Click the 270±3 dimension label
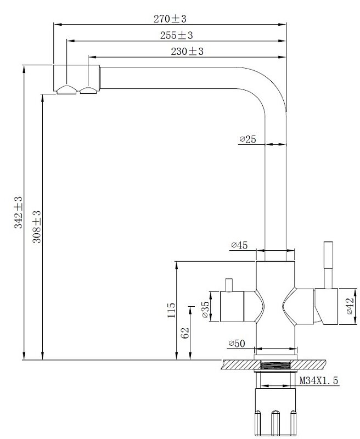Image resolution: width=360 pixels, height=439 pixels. tap(170, 19)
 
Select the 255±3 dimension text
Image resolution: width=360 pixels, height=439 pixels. tap(176, 35)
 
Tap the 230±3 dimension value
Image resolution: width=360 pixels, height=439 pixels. tap(187, 51)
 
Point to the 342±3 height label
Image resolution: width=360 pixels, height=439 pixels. tap(19, 212)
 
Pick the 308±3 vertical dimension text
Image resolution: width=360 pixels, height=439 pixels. tap(37, 227)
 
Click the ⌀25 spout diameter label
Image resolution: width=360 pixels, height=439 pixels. tap(248, 139)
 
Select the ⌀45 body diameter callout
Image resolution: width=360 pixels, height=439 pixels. tap(239, 245)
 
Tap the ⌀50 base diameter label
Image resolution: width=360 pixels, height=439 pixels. tap(237, 344)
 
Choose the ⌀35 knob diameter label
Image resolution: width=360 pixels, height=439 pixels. tap(205, 309)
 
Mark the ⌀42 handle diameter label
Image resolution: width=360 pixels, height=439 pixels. tap(350, 306)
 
